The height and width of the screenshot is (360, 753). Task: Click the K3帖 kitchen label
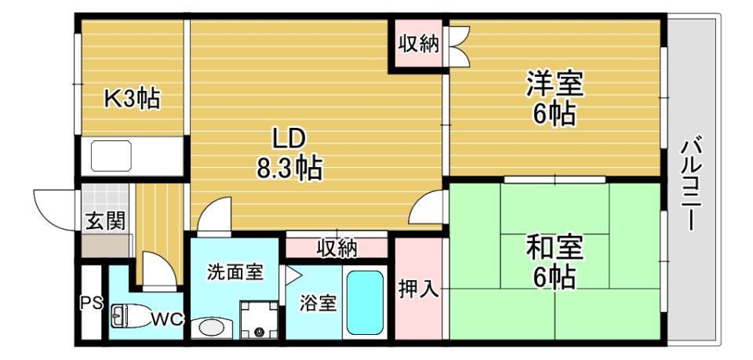point(133,98)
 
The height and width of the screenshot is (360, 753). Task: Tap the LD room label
point(288,139)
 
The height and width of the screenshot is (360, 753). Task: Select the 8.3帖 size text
point(289,168)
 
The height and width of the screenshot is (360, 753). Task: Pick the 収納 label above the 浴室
point(336,248)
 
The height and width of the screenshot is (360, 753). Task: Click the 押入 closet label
point(417,289)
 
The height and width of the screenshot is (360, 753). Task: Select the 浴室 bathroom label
point(318,303)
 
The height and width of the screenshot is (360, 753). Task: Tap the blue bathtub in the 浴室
point(365,302)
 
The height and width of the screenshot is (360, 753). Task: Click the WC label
point(166,319)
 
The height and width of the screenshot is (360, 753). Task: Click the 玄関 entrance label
point(105,220)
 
